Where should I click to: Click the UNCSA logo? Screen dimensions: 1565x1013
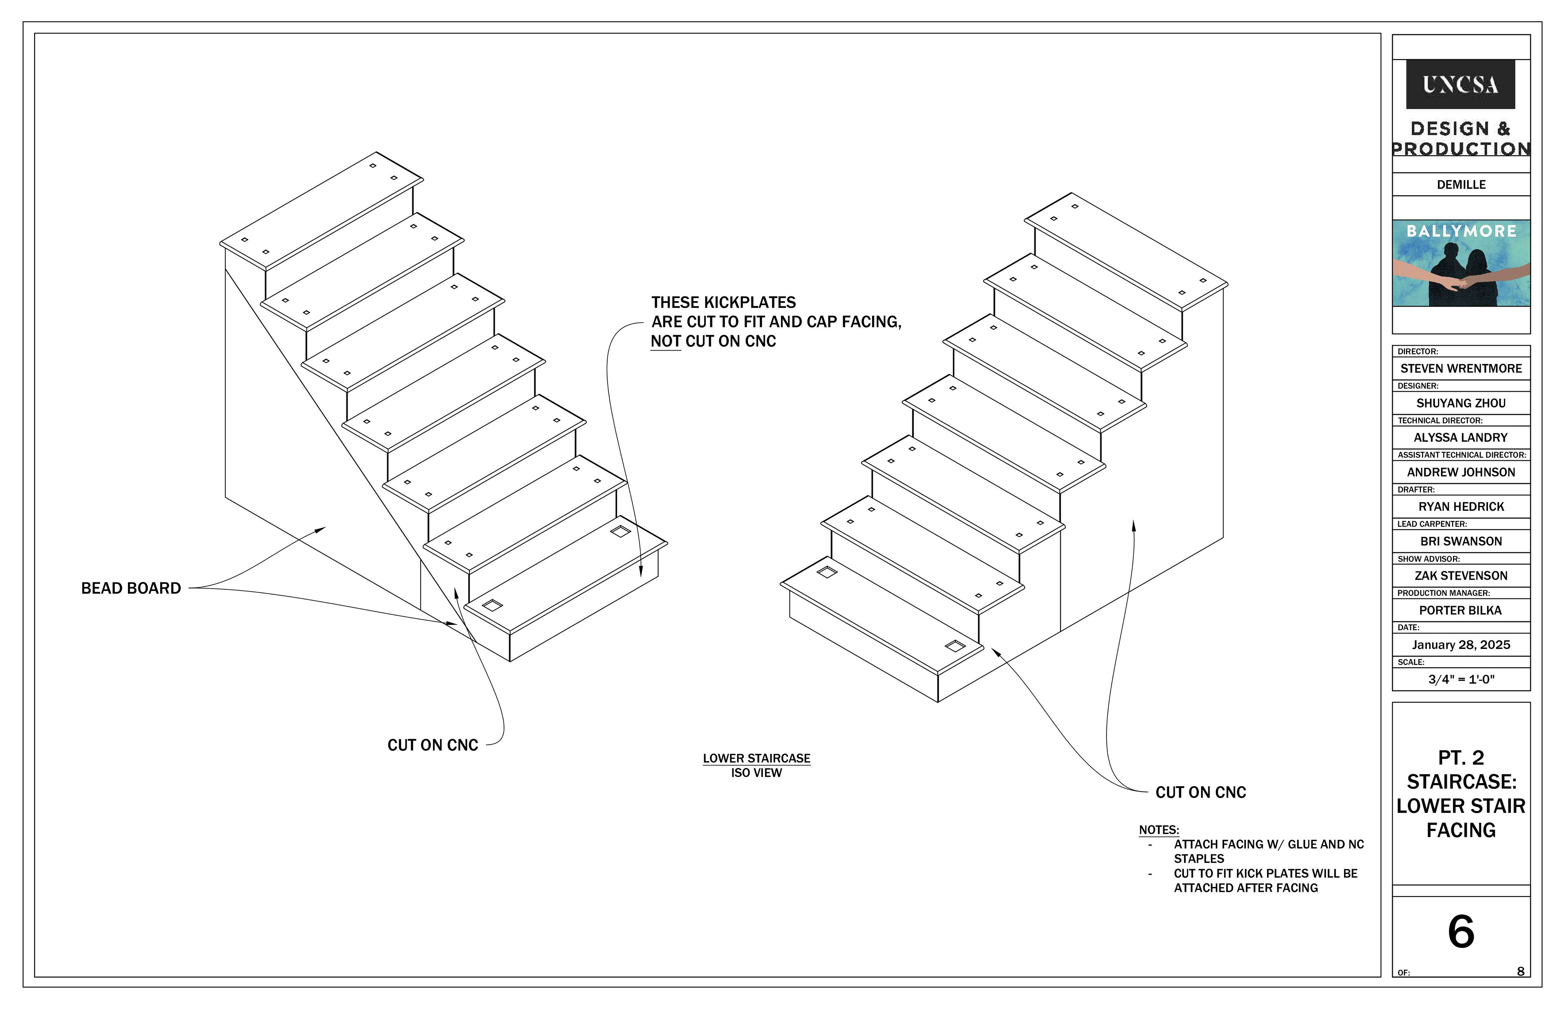click(x=1460, y=85)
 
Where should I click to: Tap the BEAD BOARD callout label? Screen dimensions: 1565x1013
click(x=131, y=588)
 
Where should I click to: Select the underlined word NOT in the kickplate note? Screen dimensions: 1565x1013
click(x=666, y=341)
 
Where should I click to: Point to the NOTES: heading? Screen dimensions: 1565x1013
click(x=1159, y=830)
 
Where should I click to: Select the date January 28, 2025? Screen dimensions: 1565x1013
click(x=1460, y=644)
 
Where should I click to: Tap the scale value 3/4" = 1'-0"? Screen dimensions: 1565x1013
click(x=1460, y=680)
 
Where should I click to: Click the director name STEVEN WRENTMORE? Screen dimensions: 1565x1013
click(x=1460, y=369)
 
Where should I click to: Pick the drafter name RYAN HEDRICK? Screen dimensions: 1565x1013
click(x=1460, y=506)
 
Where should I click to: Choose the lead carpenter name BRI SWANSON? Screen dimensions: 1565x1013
click(x=1460, y=541)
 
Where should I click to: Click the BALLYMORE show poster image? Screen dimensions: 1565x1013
click(x=1460, y=263)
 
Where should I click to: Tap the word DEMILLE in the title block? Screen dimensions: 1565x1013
click(x=1460, y=185)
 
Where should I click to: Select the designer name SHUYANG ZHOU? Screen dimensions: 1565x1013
click(x=1460, y=403)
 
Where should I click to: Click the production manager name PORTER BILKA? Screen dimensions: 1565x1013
click(x=1460, y=610)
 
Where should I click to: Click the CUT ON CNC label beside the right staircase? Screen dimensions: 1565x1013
click(x=1201, y=792)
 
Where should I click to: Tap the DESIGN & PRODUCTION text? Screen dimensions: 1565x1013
click(x=1460, y=139)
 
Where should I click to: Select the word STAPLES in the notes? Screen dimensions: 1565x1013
click(x=1199, y=859)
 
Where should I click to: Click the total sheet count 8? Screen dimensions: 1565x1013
click(x=1520, y=971)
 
